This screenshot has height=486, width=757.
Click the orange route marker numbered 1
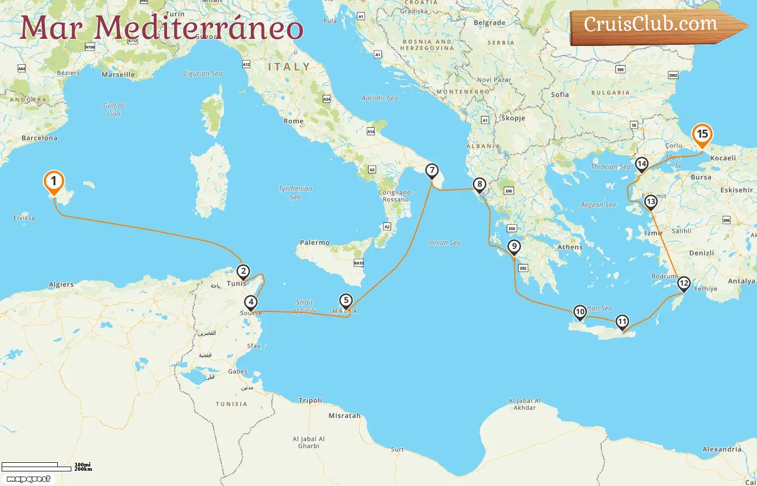[54, 181]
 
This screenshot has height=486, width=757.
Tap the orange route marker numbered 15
[702, 134]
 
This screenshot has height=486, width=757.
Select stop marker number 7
[431, 171]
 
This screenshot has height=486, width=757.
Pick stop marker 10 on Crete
[580, 312]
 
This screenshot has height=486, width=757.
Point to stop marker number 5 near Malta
[346, 301]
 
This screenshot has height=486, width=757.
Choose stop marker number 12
[684, 283]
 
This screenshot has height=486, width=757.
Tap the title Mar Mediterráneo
[161, 28]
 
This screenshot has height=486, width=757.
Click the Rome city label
[294, 121]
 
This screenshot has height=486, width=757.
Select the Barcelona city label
[39, 138]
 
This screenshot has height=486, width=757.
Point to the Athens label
[570, 247]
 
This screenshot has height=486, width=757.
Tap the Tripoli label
[310, 400]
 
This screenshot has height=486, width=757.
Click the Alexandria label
[722, 449]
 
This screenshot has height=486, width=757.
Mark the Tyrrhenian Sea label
[295, 193]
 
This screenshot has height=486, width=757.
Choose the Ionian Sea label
[444, 243]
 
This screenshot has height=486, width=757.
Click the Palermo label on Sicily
[315, 243]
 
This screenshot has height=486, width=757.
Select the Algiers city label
[61, 285]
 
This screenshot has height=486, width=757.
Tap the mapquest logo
[28, 479]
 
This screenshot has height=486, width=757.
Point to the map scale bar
[37, 467]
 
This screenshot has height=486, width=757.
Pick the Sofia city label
[560, 94]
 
